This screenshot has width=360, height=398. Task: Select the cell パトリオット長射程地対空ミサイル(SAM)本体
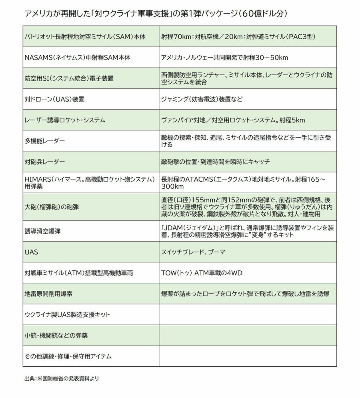(85, 37)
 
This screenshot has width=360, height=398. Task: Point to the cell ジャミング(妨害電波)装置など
(202, 99)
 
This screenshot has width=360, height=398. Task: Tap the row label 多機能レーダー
(45, 141)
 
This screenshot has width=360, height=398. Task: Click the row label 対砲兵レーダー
(45, 162)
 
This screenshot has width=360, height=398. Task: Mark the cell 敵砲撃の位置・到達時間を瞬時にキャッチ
(215, 162)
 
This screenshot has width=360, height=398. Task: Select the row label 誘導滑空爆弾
(45, 231)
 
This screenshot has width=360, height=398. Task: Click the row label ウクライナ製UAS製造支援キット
(68, 315)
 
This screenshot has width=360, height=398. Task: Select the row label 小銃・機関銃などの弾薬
(56, 336)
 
